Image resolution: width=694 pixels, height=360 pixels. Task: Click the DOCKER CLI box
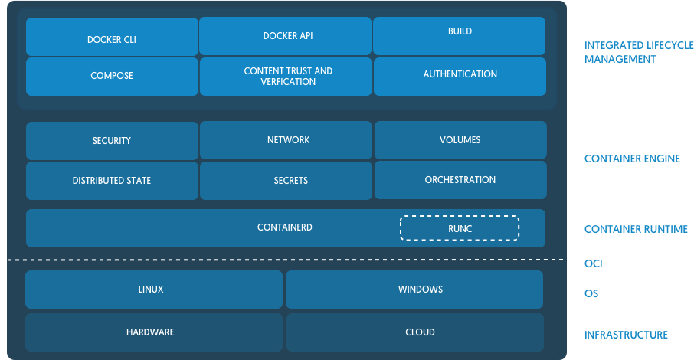(x=112, y=38)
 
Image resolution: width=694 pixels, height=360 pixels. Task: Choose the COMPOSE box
(x=112, y=76)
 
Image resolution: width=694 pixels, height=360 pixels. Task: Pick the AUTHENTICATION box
(x=460, y=75)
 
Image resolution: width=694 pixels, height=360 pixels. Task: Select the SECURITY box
(x=112, y=141)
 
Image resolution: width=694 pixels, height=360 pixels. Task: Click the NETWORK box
(x=288, y=140)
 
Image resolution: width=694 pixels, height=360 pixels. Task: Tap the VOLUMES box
(x=460, y=140)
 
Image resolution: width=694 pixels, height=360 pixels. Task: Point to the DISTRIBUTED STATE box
(x=112, y=181)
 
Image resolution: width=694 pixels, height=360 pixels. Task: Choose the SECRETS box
(x=290, y=181)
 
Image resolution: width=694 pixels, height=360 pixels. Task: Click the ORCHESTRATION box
(x=460, y=180)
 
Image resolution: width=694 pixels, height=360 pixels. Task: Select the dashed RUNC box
(x=460, y=228)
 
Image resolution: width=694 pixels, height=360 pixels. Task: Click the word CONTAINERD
(x=284, y=227)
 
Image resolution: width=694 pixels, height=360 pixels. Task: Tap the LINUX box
(x=151, y=290)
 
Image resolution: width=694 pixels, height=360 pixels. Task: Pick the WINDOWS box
(x=420, y=290)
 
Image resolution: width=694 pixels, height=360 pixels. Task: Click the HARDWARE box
(x=150, y=332)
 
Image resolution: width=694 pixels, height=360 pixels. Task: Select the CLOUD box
(x=420, y=332)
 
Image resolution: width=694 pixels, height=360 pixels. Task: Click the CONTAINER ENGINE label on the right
(x=632, y=159)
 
